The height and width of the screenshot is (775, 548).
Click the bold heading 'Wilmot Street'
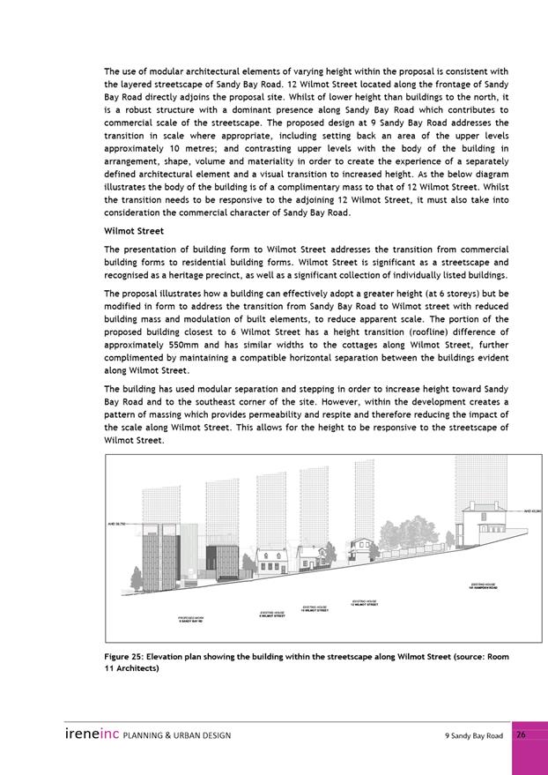click(x=132, y=231)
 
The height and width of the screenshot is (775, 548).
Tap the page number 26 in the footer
click(x=521, y=734)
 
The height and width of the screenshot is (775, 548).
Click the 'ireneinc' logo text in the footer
click(x=91, y=734)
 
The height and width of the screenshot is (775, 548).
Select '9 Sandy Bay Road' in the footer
click(x=474, y=735)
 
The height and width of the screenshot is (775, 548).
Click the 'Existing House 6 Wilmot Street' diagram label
click(x=270, y=615)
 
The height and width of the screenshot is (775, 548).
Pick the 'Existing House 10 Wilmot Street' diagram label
click(x=315, y=608)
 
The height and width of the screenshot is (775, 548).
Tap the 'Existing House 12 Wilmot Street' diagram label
click(x=364, y=603)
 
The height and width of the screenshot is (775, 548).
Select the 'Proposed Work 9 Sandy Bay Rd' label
click(x=190, y=619)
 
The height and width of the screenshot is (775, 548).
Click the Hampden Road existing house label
click(x=484, y=585)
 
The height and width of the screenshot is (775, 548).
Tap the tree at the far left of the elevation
click(x=136, y=578)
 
